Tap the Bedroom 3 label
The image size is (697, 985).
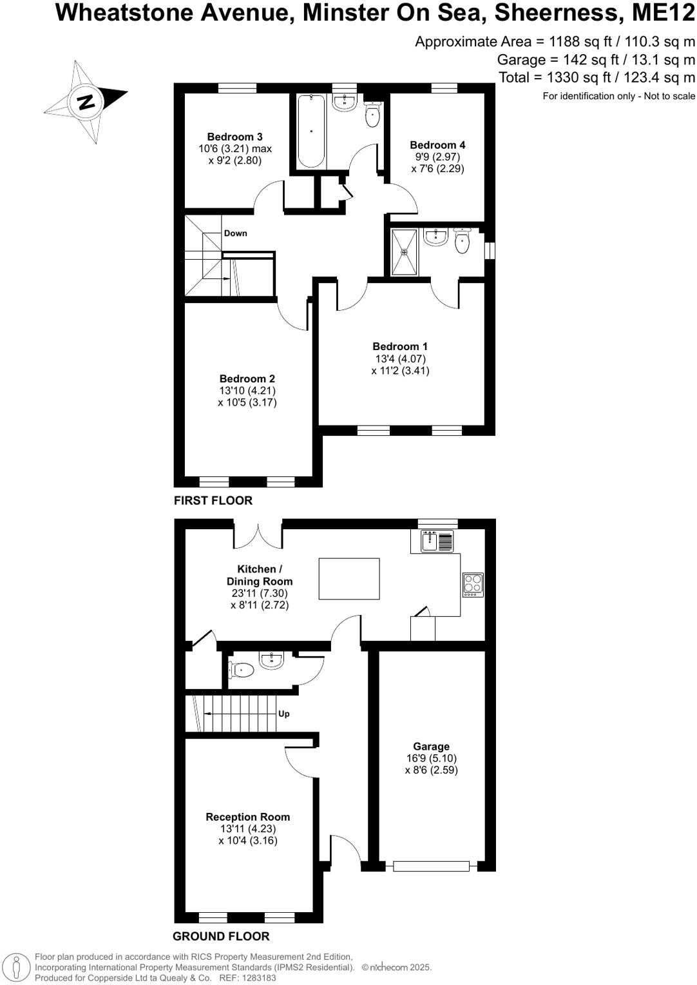[234, 137]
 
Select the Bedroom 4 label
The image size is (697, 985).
[437, 145]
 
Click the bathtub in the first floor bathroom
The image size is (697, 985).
[311, 131]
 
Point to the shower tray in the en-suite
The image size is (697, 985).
[405, 252]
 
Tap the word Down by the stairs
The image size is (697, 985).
[235, 233]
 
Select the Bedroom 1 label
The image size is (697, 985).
[400, 347]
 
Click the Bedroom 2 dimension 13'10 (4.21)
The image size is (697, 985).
[247, 391]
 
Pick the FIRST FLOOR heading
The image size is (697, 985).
[213, 501]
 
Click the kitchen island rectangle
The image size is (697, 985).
[349, 579]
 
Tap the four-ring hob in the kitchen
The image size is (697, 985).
[473, 585]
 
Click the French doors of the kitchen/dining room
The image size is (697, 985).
[258, 533]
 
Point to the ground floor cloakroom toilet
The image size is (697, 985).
[240, 670]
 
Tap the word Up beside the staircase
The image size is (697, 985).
[283, 714]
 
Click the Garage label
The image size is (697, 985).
[431, 746]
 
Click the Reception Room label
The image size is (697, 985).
[247, 817]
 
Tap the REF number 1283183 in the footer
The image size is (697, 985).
[258, 978]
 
